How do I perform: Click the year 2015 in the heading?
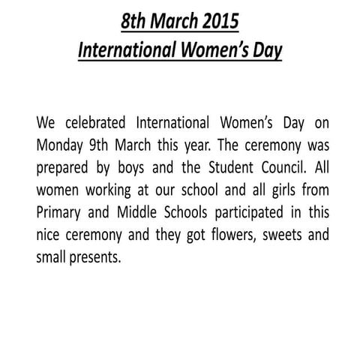(217, 22)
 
